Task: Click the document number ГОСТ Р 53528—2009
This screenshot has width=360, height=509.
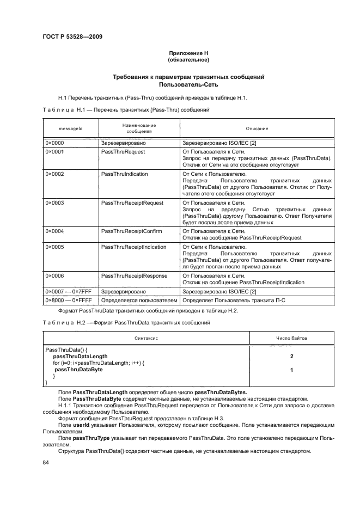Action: pyautogui.click(x=72, y=37)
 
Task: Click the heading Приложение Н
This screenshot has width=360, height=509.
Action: pyautogui.click(x=188, y=53)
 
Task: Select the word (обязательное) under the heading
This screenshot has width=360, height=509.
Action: pyautogui.click(x=188, y=59)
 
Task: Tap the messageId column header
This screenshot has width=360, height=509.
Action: pyautogui.click(x=70, y=128)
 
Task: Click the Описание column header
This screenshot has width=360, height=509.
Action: pyautogui.click(x=257, y=128)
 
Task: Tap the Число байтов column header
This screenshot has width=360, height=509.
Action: pyautogui.click(x=291, y=338)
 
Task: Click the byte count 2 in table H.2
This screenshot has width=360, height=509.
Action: pyautogui.click(x=292, y=355)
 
